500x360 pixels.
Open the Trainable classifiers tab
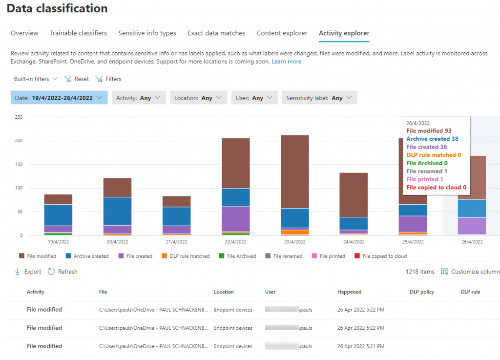tap(78, 33)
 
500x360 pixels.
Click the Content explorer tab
tap(282, 33)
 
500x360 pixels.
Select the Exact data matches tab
tap(216, 33)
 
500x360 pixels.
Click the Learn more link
tap(286, 62)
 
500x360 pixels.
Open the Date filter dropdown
tap(59, 98)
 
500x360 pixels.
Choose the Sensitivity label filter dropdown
tap(319, 98)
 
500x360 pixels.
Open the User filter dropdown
tap(254, 98)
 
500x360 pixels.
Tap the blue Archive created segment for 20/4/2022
tap(118, 211)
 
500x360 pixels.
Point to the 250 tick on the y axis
tap(19, 117)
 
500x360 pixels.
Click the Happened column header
tap(349, 292)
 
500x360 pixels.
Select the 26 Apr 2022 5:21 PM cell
tap(360, 346)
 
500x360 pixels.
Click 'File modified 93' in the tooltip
tap(429, 131)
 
